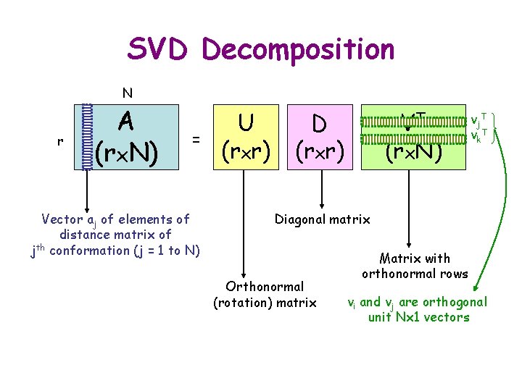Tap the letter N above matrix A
point(127,93)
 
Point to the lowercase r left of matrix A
point(59,141)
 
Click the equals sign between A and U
point(196,137)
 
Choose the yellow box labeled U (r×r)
point(246,137)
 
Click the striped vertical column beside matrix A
point(88,137)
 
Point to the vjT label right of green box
point(478,120)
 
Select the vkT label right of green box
point(478,135)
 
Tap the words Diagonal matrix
point(322,219)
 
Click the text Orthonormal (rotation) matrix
point(265,295)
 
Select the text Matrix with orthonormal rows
point(415,266)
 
